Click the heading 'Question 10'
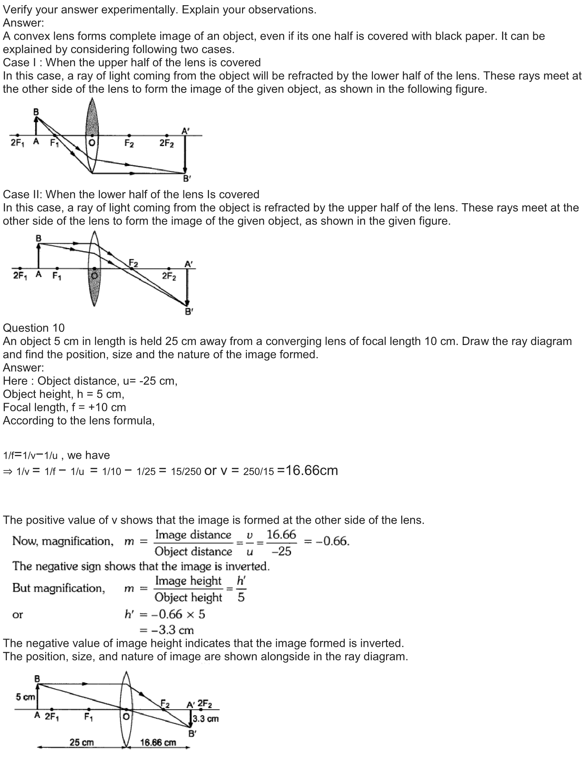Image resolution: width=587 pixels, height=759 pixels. (34, 328)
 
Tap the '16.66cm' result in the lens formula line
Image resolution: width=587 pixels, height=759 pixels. (311, 471)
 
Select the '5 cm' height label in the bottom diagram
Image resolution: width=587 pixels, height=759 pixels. (25, 697)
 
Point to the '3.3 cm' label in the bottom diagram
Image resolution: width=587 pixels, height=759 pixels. (205, 718)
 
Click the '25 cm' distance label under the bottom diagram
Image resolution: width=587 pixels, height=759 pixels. (81, 742)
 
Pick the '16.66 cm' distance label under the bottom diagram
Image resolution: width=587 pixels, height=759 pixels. (158, 742)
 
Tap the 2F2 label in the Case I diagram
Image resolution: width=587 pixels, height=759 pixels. (166, 143)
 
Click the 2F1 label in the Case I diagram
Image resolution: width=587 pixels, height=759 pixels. (17, 142)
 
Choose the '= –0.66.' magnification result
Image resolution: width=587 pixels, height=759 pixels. (327, 541)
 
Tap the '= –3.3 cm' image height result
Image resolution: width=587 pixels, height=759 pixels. (166, 630)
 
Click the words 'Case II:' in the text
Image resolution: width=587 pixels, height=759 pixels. (22, 194)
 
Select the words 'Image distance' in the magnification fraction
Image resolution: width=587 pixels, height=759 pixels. (193, 534)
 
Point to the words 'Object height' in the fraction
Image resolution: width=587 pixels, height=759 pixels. (188, 597)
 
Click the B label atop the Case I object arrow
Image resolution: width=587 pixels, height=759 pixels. (36, 112)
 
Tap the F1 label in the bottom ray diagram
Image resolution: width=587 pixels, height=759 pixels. (89, 717)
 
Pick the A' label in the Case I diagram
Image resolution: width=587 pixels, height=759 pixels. (185, 131)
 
